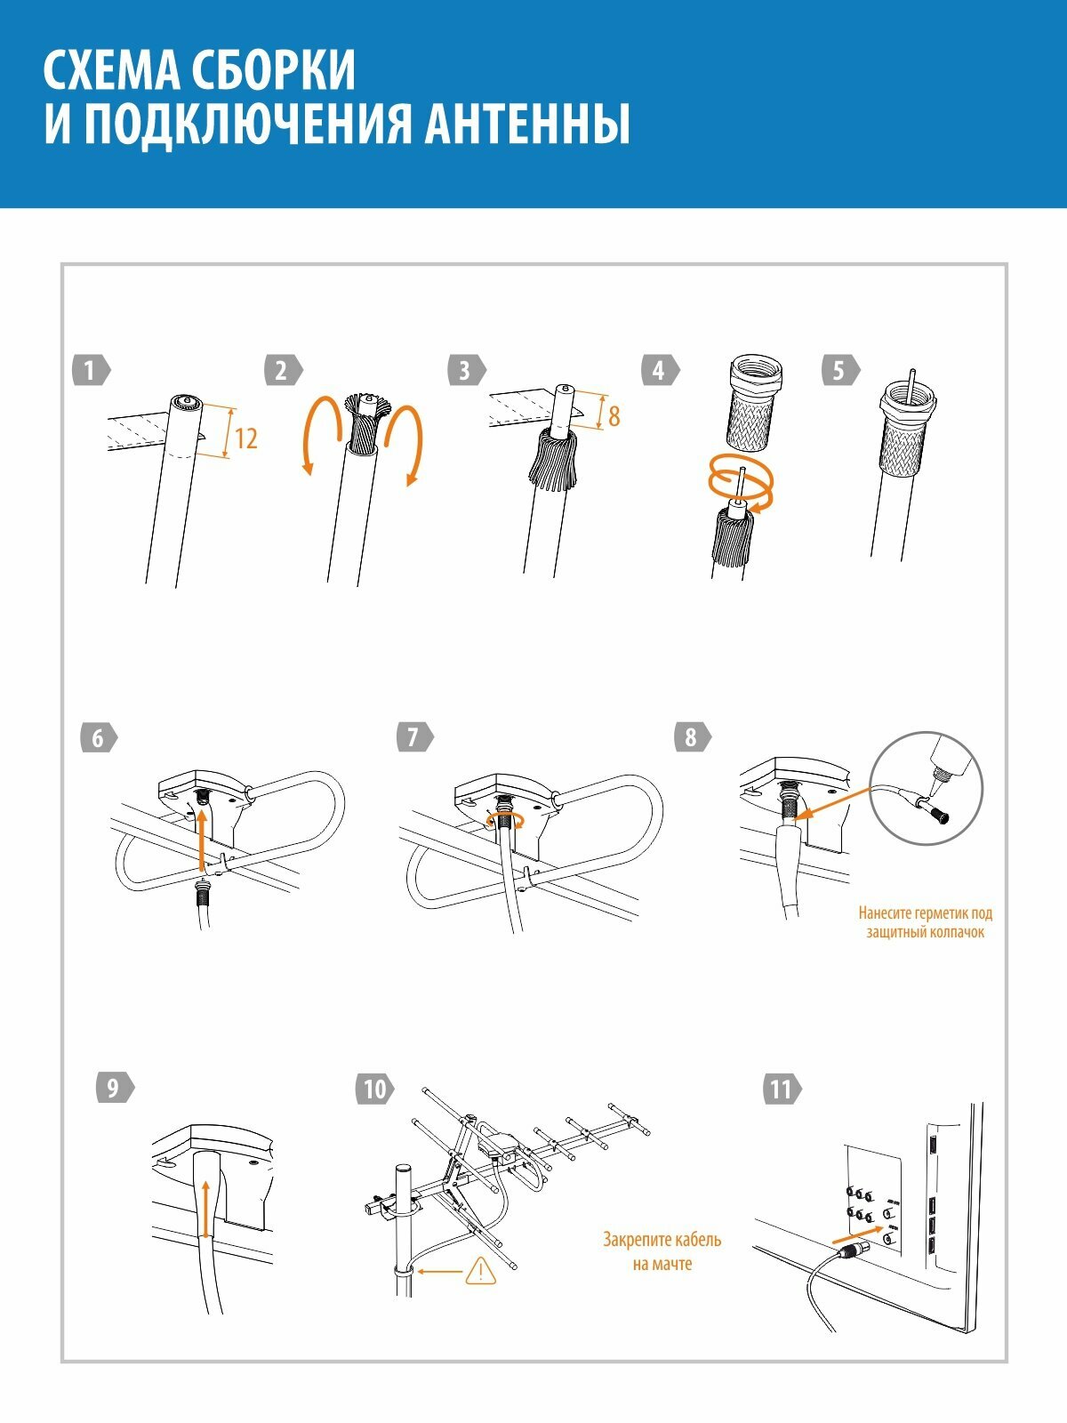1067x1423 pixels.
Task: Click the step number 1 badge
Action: point(92,370)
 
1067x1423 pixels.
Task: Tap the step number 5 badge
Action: point(841,370)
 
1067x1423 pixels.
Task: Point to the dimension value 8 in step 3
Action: point(614,416)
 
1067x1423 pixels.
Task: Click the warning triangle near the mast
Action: point(480,1270)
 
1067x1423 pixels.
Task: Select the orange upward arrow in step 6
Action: point(202,842)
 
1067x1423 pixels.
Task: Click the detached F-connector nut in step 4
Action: point(756,402)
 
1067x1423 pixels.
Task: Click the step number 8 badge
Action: point(692,737)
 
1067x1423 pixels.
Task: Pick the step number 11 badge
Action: point(782,1089)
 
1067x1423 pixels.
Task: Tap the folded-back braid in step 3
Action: point(552,461)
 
